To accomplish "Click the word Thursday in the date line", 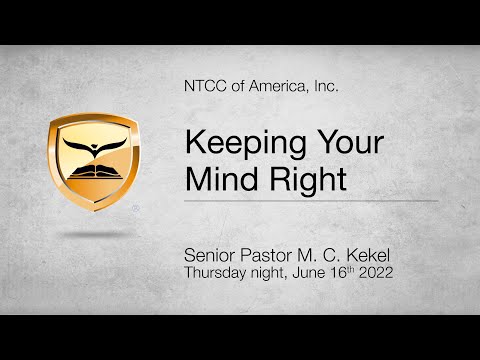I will (216, 270).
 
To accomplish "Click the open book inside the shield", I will (92, 170).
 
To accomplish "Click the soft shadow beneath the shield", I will (94, 233).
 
